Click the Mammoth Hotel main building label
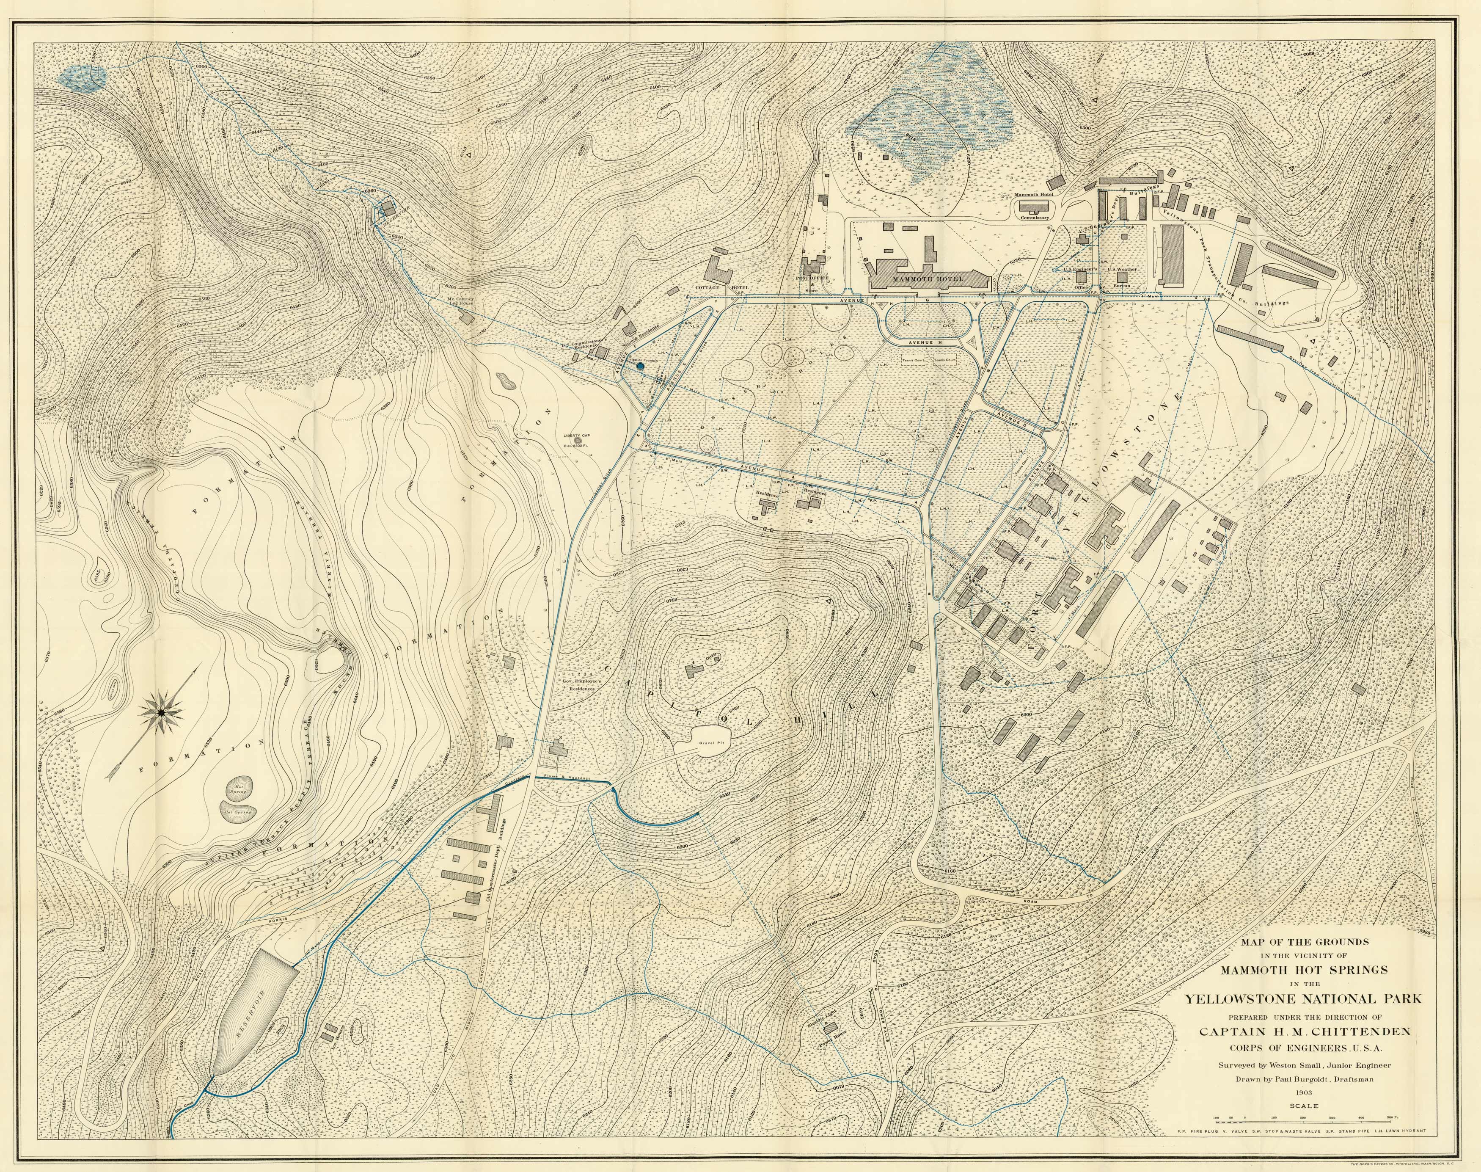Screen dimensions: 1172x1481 (x=928, y=279)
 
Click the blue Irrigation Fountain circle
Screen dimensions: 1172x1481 (x=640, y=367)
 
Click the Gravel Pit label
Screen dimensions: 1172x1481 (x=707, y=744)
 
